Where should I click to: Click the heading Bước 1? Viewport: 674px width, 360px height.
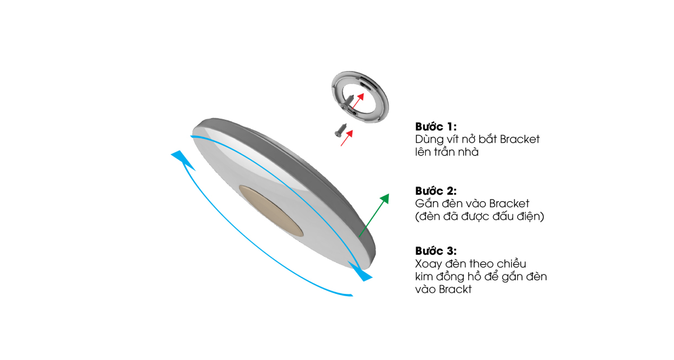click(x=436, y=127)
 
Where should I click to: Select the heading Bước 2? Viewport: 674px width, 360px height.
click(x=436, y=191)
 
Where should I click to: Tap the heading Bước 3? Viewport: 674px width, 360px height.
click(x=436, y=250)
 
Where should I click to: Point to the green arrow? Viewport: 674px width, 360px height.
click(x=374, y=215)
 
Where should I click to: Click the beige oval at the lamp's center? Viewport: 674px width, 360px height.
click(x=271, y=211)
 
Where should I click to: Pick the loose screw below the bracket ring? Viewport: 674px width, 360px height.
click(x=340, y=130)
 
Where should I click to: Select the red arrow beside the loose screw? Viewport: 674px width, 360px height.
click(x=347, y=138)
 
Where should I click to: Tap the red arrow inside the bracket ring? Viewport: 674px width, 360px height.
click(x=358, y=101)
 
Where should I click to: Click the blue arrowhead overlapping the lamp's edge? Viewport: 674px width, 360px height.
click(x=360, y=272)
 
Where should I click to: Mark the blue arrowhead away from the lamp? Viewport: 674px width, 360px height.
click(x=183, y=160)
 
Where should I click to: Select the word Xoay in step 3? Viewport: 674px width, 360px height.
click(x=429, y=264)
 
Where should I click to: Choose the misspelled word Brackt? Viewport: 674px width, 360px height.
click(x=455, y=290)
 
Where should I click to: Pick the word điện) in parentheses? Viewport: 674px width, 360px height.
click(x=530, y=216)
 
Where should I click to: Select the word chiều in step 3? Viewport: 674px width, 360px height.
click(x=511, y=263)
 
